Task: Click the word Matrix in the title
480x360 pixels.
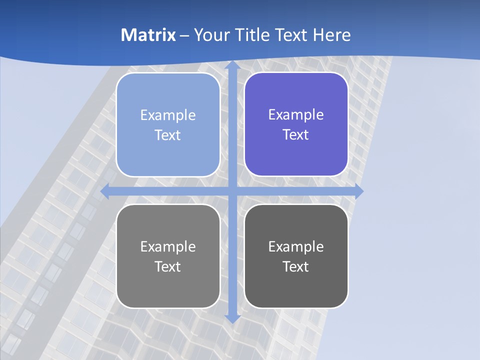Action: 148,35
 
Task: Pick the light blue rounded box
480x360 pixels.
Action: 168,125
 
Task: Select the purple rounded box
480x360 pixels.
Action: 296,124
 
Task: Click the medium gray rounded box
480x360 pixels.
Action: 168,256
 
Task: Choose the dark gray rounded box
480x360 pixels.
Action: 296,256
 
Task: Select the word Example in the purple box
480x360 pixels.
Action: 296,114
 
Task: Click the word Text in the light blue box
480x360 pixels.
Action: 167,135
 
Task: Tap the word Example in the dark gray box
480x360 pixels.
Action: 296,246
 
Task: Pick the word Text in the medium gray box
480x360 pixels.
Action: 167,266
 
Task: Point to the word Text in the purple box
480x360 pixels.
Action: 295,135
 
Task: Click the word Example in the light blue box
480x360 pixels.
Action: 168,115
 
